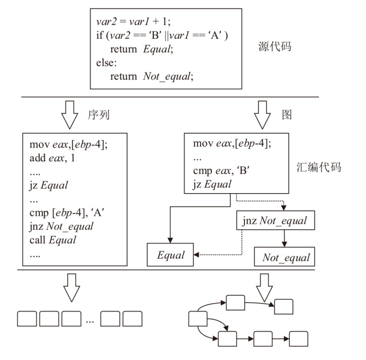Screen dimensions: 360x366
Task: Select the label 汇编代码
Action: (x=320, y=167)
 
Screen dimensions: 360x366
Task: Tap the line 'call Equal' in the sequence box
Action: (x=53, y=240)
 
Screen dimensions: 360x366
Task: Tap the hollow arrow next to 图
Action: (x=262, y=115)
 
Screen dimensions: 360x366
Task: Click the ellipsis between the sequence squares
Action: (x=91, y=320)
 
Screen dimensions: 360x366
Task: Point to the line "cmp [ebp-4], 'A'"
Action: (x=70, y=214)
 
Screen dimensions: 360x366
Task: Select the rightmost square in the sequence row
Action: (x=133, y=319)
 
